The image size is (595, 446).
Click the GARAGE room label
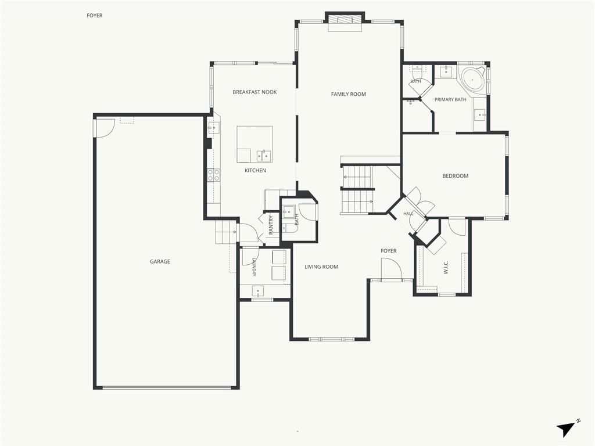click(x=160, y=261)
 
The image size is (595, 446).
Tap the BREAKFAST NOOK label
click(x=255, y=92)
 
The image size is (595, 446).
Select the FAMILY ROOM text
click(x=349, y=94)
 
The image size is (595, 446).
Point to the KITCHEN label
click(x=255, y=170)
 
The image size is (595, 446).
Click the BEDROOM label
click(x=456, y=176)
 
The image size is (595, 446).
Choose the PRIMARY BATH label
click(x=450, y=99)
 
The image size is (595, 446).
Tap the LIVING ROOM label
click(x=321, y=267)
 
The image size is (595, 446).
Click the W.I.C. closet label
click(x=446, y=267)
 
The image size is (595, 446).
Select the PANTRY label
click(x=271, y=225)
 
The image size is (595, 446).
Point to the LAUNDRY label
click(x=253, y=267)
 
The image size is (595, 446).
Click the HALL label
click(x=408, y=214)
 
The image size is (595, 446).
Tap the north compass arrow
click(x=565, y=429)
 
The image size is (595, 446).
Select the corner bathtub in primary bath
click(x=472, y=80)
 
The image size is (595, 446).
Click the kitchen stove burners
click(x=213, y=175)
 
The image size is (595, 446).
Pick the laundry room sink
click(x=258, y=292)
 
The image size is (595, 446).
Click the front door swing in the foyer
click(x=391, y=269)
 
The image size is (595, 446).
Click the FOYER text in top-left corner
click(x=95, y=16)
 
